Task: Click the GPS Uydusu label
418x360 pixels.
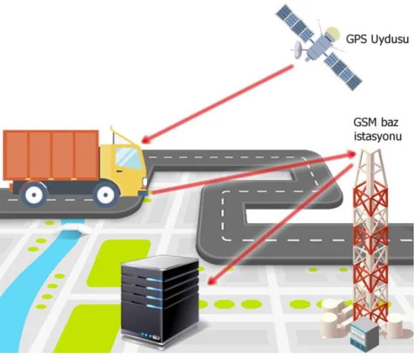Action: [377, 39]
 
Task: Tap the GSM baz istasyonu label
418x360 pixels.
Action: [377, 129]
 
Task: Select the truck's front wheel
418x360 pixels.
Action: [105, 194]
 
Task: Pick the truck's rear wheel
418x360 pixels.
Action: [34, 194]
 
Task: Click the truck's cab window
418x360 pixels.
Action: [128, 158]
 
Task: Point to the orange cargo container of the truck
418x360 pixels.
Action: [51, 155]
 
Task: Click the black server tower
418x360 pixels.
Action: [160, 301]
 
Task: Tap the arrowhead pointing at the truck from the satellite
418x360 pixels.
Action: [146, 140]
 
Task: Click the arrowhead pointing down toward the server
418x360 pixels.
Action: [212, 280]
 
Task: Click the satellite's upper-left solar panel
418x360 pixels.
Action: [295, 22]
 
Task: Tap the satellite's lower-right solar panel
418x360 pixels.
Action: [343, 71]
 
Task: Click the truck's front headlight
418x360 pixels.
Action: [145, 181]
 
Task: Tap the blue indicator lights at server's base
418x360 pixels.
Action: [147, 335]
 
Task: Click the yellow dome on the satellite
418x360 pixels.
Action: [333, 33]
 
